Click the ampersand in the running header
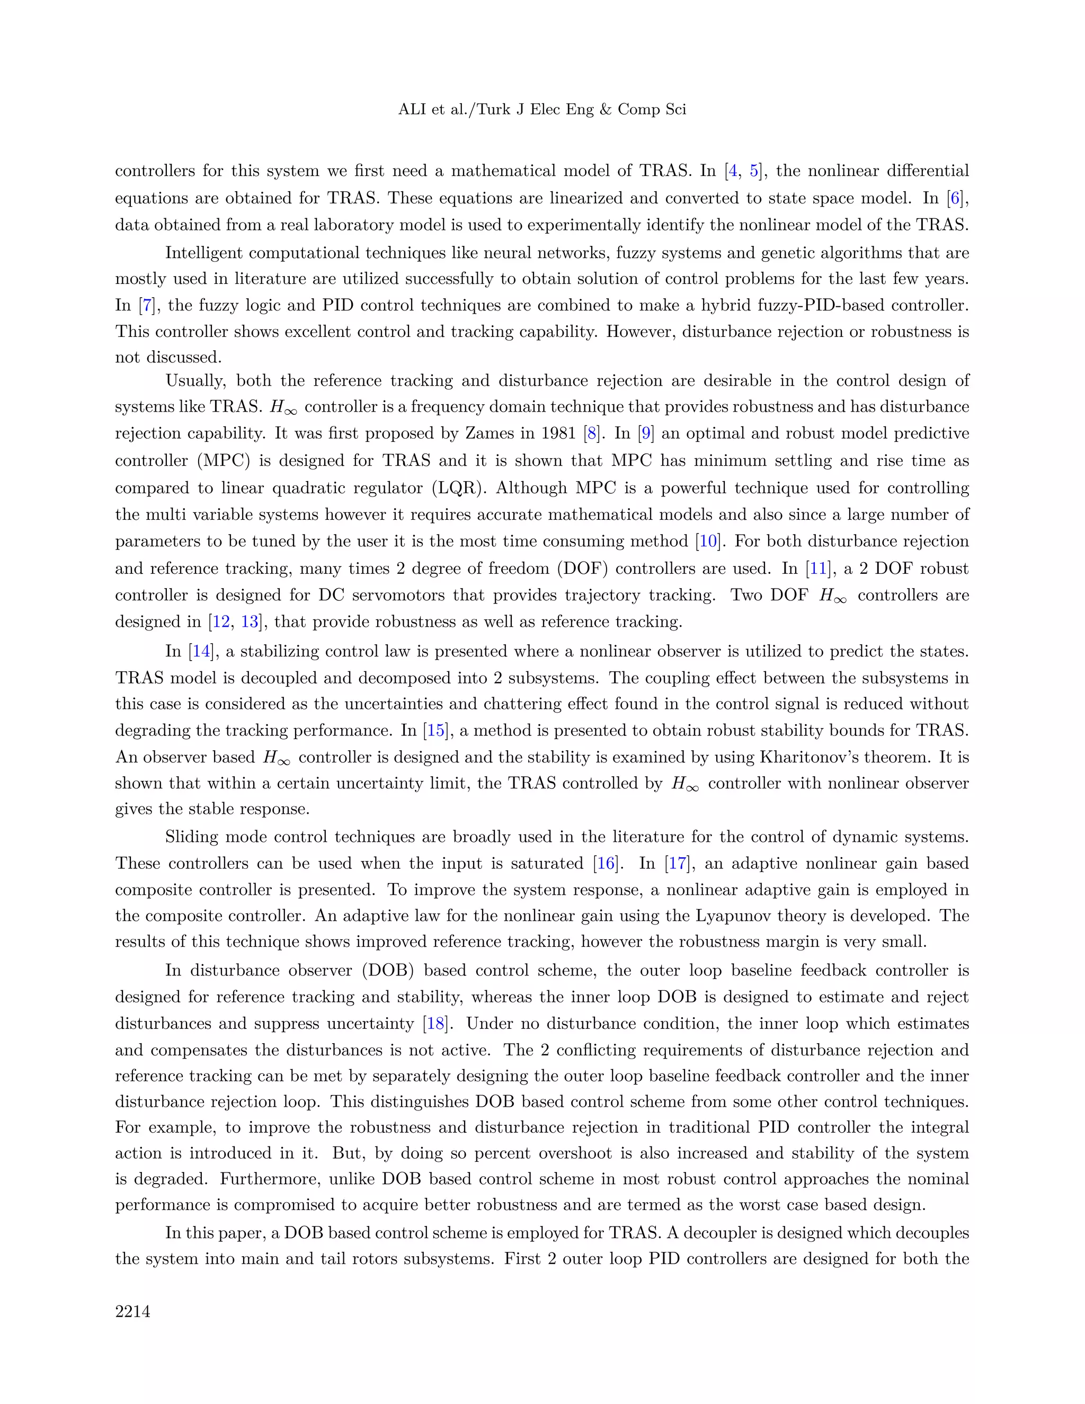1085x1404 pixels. [x=605, y=109]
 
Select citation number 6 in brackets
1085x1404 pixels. [x=956, y=198]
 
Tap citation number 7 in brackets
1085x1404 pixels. [x=147, y=305]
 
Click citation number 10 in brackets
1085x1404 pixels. [x=708, y=541]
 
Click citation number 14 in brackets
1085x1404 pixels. [x=201, y=651]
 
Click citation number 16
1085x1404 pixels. [x=606, y=864]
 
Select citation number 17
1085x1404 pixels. [x=678, y=864]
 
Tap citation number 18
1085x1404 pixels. [x=436, y=1024]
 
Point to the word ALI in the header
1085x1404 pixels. [x=412, y=109]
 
